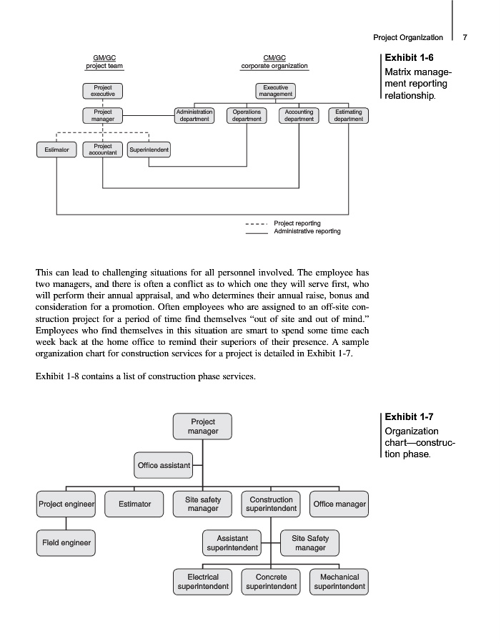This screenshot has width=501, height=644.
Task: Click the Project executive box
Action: coord(103,91)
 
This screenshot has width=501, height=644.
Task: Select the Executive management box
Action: coord(276,91)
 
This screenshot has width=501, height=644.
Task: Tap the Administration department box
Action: coord(194,116)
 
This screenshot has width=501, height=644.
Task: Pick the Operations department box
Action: coord(247,116)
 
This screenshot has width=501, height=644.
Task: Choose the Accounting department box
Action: coord(299,116)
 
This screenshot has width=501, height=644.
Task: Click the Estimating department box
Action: coord(349,116)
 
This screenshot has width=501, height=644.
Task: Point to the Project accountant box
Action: coord(103,150)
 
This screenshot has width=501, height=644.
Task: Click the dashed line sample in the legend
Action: coord(256,223)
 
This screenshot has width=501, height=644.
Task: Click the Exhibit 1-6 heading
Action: coord(410,57)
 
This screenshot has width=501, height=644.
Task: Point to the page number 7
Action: coord(465,37)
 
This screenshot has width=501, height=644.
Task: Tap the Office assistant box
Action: coord(164,465)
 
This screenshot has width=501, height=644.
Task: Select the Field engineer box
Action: coord(65,542)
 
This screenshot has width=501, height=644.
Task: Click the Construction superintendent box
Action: coord(271,504)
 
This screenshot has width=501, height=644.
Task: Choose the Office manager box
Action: coord(339,504)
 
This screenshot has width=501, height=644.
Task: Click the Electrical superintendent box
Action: coord(203,582)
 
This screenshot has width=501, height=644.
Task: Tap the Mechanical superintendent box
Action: coord(339,582)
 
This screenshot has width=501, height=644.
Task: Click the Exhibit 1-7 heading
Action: coord(410,416)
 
